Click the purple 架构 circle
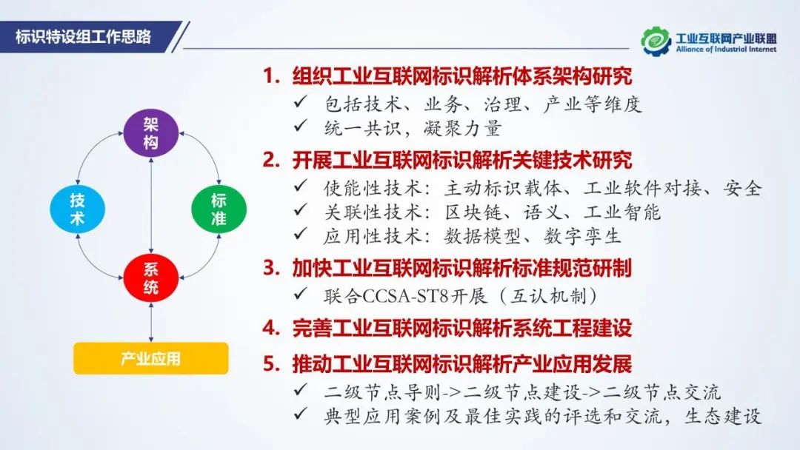click(150, 132)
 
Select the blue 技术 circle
click(78, 209)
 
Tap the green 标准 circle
click(219, 209)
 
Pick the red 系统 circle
click(150, 278)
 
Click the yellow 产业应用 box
click(151, 358)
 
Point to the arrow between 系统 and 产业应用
click(151, 322)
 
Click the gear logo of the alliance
click(656, 41)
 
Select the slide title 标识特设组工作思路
click(83, 37)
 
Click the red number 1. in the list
click(271, 76)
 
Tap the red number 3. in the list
click(271, 268)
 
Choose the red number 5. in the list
click(271, 364)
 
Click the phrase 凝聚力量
click(462, 129)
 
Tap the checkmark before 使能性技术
click(301, 186)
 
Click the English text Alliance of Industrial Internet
click(726, 50)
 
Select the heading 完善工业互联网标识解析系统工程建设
click(462, 328)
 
